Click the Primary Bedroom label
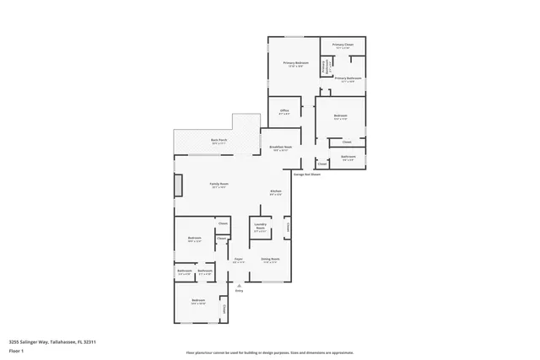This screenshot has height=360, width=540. (294, 64)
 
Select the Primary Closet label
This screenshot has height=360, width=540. (343, 46)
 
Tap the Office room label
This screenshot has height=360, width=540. (285, 111)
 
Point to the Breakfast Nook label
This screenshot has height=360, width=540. (281, 148)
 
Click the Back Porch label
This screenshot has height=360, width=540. (219, 142)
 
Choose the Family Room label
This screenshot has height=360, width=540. (219, 185)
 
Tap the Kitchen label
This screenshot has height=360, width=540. (275, 193)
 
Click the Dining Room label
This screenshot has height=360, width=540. (270, 261)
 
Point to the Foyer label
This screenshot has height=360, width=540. (239, 261)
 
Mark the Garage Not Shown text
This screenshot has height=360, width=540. (307, 175)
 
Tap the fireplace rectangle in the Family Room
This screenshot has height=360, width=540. (178, 185)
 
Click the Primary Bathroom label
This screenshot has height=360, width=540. (348, 79)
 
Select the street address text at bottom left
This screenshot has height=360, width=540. (52, 341)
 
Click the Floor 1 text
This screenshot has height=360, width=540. (17, 350)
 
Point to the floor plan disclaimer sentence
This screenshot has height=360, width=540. (270, 352)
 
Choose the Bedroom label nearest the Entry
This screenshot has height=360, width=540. (198, 302)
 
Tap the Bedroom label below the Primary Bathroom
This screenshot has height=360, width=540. (341, 116)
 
